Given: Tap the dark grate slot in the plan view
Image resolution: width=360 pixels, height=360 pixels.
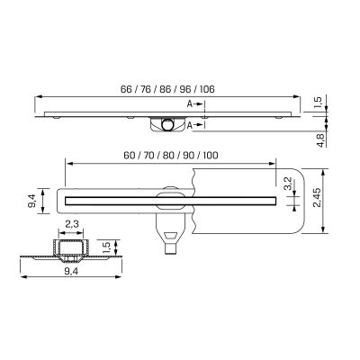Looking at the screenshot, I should point(171,194).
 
